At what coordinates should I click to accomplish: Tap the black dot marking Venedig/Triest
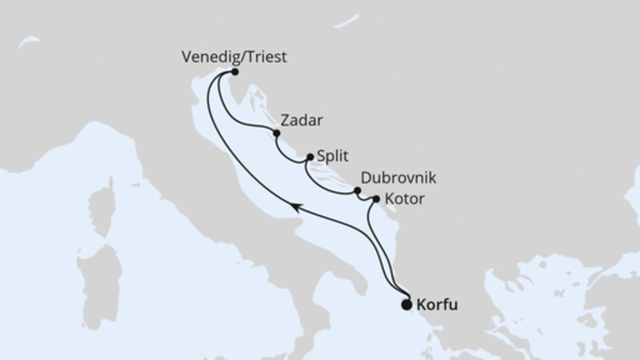coord(235,72)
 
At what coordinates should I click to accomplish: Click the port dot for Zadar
coord(276,133)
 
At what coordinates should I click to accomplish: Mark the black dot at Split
coord(310,158)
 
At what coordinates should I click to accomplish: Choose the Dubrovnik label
coord(398,179)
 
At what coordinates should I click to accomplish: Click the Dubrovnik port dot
coord(358,190)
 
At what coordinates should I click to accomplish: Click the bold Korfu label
coord(438,305)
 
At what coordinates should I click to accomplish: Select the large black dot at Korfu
coord(406,304)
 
